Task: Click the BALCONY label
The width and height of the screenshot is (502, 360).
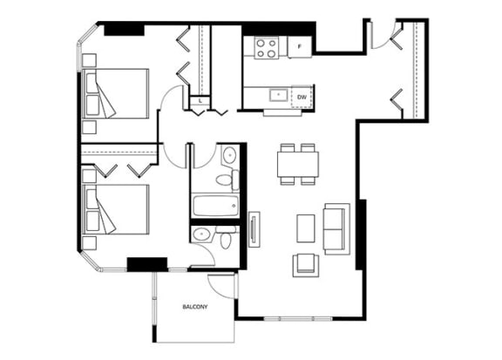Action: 195,307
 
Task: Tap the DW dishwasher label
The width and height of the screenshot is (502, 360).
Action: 302,97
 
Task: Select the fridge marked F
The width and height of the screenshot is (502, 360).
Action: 300,47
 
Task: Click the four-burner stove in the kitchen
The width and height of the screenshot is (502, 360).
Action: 267,48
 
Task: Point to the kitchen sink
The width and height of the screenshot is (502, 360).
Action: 278,95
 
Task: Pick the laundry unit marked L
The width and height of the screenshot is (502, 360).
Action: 200,101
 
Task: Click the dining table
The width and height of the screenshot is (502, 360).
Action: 298,164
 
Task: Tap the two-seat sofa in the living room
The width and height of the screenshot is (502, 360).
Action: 336,229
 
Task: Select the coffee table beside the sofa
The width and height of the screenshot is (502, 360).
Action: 306,228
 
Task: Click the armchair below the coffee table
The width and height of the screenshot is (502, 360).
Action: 306,265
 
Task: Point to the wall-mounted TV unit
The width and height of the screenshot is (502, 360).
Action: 254,229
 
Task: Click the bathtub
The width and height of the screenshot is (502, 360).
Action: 216,206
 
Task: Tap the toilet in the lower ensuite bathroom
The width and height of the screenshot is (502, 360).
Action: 226,237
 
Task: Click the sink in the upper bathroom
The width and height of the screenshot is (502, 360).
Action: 229,155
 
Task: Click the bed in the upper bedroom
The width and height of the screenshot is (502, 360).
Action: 115,93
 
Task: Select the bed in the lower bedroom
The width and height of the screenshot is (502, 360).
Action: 115,209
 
